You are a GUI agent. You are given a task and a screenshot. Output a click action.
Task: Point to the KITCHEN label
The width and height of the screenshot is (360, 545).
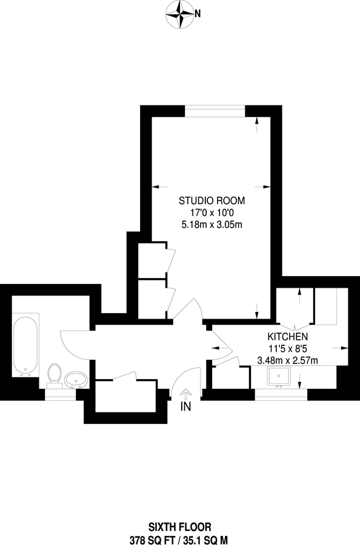[x=288, y=337]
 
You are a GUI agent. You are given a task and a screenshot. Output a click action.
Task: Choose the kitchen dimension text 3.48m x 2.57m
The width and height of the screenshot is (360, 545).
[x=288, y=361]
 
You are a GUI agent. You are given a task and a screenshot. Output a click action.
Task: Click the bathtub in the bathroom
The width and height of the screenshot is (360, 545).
[x=25, y=345]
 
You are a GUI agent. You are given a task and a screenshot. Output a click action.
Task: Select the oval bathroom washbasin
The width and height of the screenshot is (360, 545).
[x=77, y=380]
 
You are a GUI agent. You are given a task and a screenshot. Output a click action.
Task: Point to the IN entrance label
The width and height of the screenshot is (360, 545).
[x=185, y=408]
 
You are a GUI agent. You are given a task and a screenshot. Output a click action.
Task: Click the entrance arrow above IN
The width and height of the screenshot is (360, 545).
[x=185, y=394]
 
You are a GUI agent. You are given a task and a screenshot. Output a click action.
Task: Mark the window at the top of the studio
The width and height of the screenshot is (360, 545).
[x=215, y=110]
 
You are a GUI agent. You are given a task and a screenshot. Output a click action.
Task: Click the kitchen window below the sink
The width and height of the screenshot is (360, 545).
[x=280, y=395]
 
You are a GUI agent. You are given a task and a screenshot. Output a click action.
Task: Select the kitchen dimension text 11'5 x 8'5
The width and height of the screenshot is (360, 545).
[x=288, y=349]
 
